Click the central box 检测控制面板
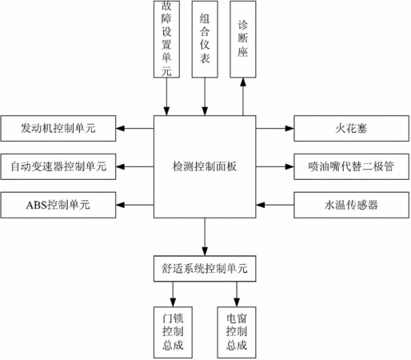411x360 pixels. (205, 166)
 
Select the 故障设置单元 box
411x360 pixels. (166, 39)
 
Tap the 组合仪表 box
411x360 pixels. (205, 39)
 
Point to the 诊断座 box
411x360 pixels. (243, 39)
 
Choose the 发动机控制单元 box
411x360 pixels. (58, 128)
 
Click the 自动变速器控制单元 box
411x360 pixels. (58, 166)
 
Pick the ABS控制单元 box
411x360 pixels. (58, 205)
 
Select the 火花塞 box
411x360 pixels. (351, 128)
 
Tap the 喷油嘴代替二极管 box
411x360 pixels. (351, 166)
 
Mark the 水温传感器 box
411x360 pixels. (351, 205)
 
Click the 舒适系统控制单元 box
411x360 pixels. (205, 269)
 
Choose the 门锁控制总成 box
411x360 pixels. (173, 332)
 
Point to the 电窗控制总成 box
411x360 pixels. (237, 332)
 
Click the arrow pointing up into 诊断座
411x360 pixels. (243, 97)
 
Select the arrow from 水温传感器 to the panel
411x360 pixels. (275, 205)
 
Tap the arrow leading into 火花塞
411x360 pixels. (275, 128)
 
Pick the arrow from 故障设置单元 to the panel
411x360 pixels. (166, 97)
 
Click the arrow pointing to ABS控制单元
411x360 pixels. (135, 205)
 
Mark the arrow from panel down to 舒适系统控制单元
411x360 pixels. (205, 237)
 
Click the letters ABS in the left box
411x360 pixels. (36, 205)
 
